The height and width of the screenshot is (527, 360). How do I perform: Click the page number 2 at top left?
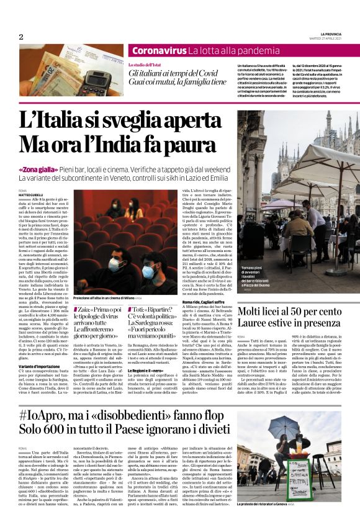[x=20, y=37]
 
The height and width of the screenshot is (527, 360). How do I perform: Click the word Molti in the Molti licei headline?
[x=256, y=310]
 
